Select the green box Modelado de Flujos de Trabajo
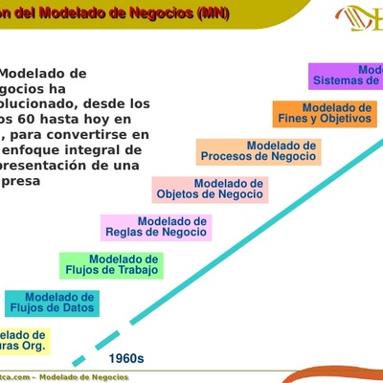point(111,265)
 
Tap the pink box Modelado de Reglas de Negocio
point(156,227)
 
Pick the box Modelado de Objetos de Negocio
point(209,189)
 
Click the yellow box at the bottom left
point(24,340)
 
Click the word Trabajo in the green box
point(137,271)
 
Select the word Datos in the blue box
point(77,308)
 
